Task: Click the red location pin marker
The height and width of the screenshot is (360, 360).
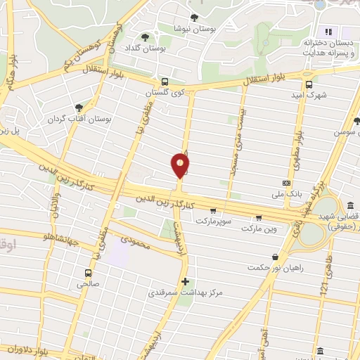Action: (180, 166)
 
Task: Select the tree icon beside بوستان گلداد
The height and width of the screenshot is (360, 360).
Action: (146, 37)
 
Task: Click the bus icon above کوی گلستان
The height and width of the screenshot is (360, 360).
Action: (164, 82)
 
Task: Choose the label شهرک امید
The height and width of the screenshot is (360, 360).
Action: (309, 94)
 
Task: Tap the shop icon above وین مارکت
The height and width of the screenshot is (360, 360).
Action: (259, 217)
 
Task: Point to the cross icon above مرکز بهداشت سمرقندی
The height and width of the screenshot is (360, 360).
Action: (185, 281)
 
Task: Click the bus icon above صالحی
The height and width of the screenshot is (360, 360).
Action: (88, 273)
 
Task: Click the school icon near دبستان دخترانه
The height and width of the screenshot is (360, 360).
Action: (328, 32)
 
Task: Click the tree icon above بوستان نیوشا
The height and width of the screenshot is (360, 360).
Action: (194, 18)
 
